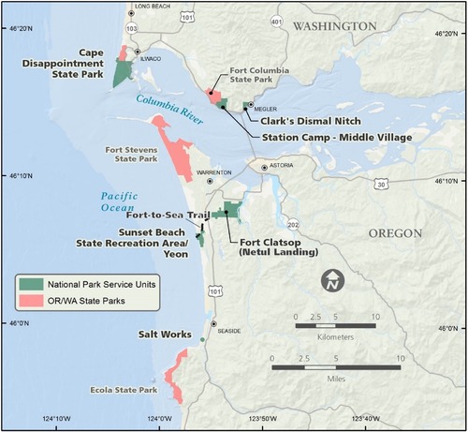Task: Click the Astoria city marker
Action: (264, 167)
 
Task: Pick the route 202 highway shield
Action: (293, 225)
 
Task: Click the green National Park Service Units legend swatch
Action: (32, 282)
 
